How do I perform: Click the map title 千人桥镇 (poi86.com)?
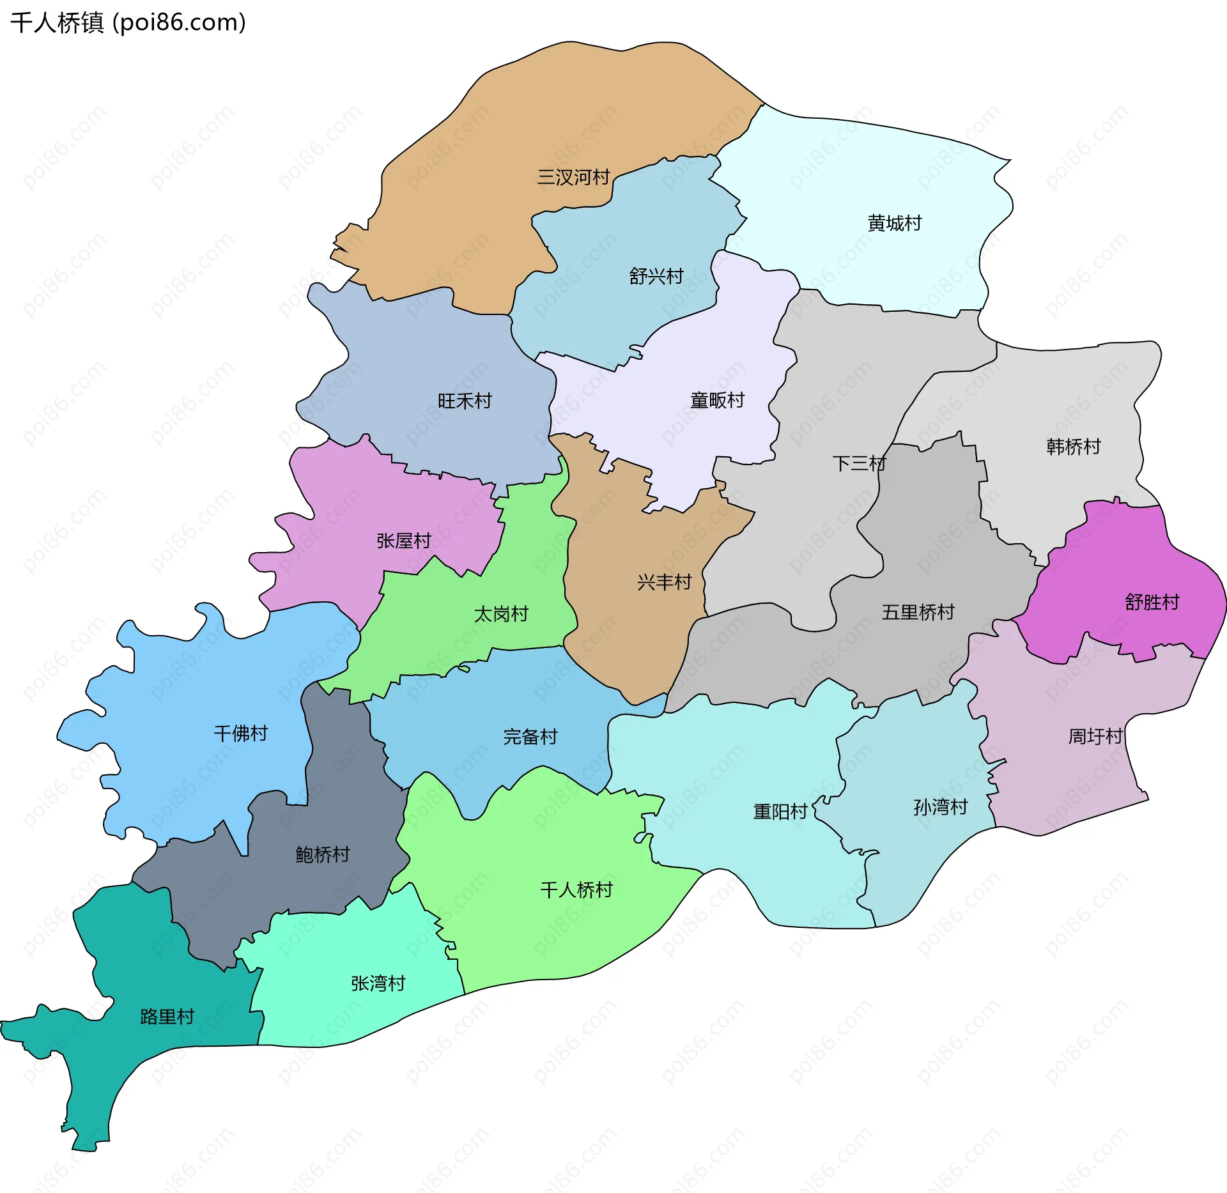(x=128, y=23)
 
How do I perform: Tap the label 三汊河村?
(x=573, y=177)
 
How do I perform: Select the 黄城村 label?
(x=894, y=223)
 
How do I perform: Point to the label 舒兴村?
(x=656, y=276)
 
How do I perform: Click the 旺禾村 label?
(x=465, y=401)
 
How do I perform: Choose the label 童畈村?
(x=717, y=400)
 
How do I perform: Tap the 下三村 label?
(x=859, y=463)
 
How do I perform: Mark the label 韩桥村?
(x=1073, y=446)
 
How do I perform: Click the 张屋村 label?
(x=403, y=541)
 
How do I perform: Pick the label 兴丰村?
(x=664, y=581)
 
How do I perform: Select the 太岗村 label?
(x=501, y=613)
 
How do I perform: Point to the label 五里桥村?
(x=918, y=612)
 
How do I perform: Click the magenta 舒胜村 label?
(x=1152, y=601)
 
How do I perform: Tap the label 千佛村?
(x=240, y=733)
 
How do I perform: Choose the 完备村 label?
(x=530, y=736)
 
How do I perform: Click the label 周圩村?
(x=1095, y=736)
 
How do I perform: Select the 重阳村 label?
(x=780, y=812)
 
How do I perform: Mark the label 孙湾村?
(x=940, y=807)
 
